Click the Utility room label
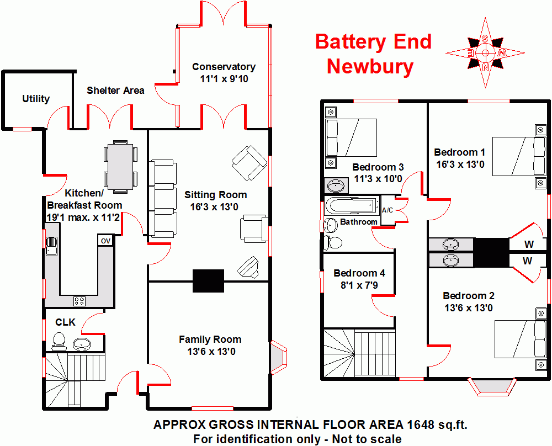click(x=36, y=99)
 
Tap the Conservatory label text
click(x=224, y=67)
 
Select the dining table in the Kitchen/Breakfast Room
click(x=120, y=166)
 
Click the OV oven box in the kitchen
click(x=105, y=241)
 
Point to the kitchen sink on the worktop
click(x=52, y=246)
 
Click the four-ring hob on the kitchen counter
click(x=79, y=301)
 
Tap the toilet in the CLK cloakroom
click(x=59, y=342)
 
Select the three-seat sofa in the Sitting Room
click(x=163, y=199)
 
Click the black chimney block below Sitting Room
click(x=208, y=281)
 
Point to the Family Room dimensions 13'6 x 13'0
click(x=210, y=352)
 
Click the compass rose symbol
click(x=485, y=53)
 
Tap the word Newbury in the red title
click(x=370, y=66)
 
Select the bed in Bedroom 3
click(x=351, y=138)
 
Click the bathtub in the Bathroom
click(x=351, y=206)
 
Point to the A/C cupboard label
click(x=388, y=210)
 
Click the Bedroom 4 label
click(x=359, y=273)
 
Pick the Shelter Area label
click(x=115, y=90)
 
